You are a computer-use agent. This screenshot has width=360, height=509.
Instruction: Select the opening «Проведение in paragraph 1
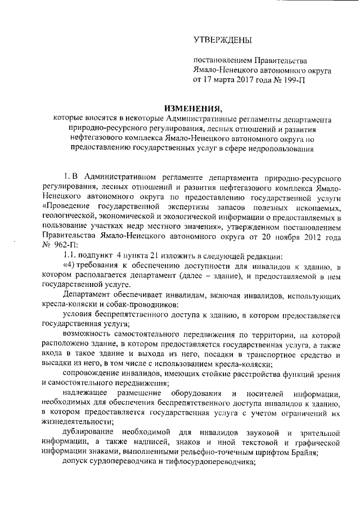pyautogui.click(x=66, y=207)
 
